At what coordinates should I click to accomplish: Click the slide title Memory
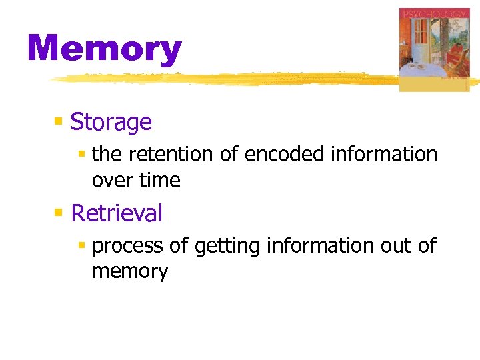(104, 49)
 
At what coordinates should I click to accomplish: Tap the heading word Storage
(111, 122)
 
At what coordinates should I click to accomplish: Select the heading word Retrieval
(117, 213)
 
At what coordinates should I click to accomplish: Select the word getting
(227, 247)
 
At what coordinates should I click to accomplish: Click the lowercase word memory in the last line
(130, 272)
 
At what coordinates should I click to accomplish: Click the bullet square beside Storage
(59, 122)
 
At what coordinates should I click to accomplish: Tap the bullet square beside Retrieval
(59, 213)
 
